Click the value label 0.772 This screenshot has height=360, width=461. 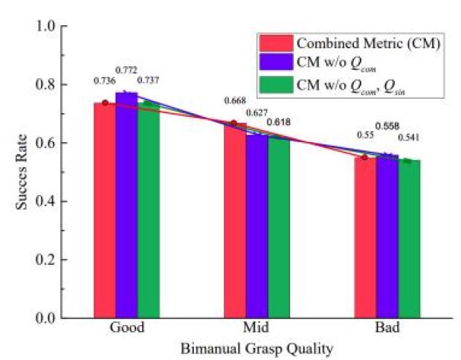tap(127, 69)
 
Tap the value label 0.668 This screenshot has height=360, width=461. tap(235, 100)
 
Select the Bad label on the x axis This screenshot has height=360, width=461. tap(387, 328)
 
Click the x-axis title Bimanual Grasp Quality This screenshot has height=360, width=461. tap(255, 348)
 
